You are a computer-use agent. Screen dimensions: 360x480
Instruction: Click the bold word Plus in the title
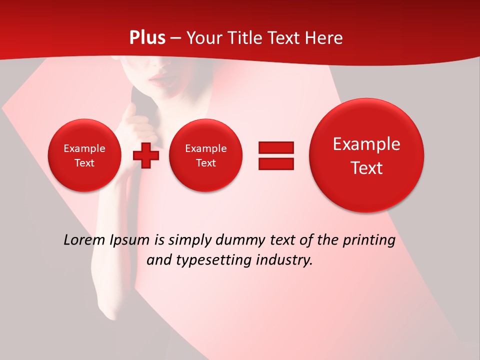pos(147,38)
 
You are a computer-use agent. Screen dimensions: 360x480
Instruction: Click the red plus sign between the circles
pos(145,155)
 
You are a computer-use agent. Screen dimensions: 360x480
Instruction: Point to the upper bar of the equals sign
pos(276,147)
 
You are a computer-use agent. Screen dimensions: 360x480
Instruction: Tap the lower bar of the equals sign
pos(276,163)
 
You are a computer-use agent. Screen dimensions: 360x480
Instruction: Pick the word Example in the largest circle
pos(366,144)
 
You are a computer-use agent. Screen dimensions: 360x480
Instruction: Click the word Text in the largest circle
pos(366,168)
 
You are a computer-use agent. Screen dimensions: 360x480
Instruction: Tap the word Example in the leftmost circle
pos(84,148)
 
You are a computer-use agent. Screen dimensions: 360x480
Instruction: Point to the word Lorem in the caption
pos(84,240)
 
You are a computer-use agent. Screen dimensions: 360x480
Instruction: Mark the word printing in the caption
pos(369,240)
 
